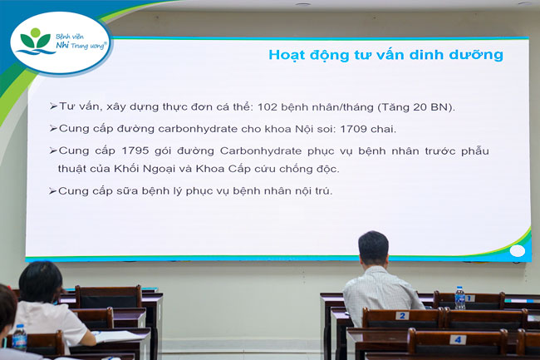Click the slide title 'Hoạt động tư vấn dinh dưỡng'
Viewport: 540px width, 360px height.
(x=385, y=55)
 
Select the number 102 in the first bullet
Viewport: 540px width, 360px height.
(x=268, y=106)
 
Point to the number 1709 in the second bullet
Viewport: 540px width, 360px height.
(x=353, y=129)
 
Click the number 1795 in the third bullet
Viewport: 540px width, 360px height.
(x=135, y=150)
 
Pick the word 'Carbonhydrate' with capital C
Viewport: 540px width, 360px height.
(x=261, y=150)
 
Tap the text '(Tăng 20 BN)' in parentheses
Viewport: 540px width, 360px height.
(x=417, y=107)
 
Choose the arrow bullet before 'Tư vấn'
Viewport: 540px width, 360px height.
(x=53, y=106)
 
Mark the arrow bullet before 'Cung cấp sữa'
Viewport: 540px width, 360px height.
(x=52, y=191)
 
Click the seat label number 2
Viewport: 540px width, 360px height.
(x=402, y=316)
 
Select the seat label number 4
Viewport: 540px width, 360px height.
(x=458, y=340)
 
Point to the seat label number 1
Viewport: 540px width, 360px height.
(x=469, y=298)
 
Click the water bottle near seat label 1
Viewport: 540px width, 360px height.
(x=459, y=298)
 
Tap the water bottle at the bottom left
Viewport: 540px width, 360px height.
(x=20, y=338)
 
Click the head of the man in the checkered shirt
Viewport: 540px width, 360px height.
(x=373, y=249)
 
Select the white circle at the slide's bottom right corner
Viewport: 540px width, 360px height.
(x=518, y=251)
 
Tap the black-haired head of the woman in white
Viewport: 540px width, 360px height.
(x=41, y=282)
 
